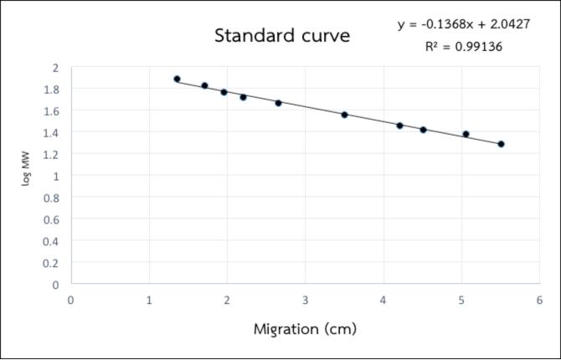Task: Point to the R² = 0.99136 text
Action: tap(464, 47)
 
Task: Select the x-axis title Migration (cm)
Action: tap(306, 328)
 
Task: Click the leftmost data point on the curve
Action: tap(177, 79)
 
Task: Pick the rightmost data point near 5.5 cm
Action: tap(501, 144)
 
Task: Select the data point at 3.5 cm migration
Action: tap(344, 114)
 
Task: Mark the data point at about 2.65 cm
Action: tap(278, 102)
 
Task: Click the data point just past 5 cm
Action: tap(466, 134)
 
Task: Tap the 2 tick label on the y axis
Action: tap(55, 67)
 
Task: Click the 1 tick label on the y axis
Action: tap(55, 176)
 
